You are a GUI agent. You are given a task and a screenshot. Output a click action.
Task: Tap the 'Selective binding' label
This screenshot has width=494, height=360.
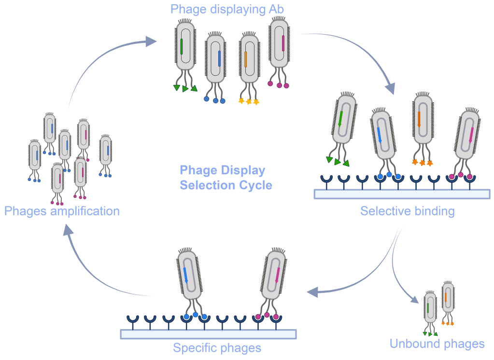(x=407, y=211)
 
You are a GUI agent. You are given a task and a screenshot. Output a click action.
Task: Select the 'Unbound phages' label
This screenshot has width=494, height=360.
(x=437, y=344)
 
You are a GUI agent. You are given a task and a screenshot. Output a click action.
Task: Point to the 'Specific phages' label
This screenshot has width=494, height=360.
(x=217, y=347)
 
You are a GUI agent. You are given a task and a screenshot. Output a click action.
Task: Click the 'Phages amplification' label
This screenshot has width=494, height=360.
(x=62, y=211)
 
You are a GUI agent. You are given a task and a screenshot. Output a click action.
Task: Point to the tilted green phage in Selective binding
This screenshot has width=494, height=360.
(x=343, y=121)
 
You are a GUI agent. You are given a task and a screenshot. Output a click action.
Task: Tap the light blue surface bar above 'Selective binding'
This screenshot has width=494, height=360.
(x=402, y=194)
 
